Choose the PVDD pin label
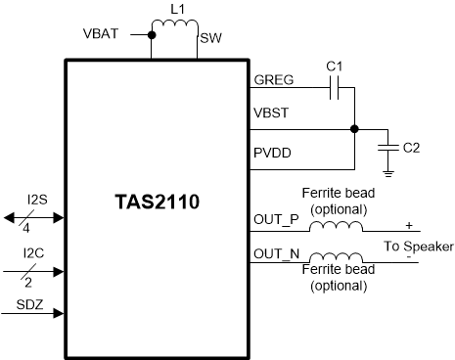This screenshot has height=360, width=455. pos(273,154)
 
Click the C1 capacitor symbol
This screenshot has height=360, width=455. pos(333,89)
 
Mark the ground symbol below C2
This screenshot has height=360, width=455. pos(387,173)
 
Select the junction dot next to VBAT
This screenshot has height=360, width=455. pos(152,35)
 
